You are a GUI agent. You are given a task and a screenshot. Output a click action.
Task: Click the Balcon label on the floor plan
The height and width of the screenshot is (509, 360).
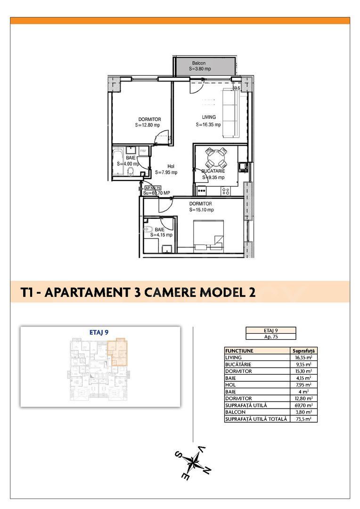click(x=199, y=63)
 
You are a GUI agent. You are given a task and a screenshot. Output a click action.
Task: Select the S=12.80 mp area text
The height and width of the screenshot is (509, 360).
click(x=147, y=125)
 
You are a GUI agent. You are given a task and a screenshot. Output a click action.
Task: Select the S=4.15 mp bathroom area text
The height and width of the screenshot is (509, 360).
click(x=161, y=235)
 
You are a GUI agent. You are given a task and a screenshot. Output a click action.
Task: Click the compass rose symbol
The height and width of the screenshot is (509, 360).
click(x=194, y=461)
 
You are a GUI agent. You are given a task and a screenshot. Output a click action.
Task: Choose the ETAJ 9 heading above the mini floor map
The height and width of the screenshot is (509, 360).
click(x=99, y=332)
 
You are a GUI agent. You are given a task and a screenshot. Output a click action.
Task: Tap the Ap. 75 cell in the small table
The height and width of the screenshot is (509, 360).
click(x=271, y=337)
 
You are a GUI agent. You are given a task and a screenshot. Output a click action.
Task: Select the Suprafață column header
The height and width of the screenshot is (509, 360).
click(x=304, y=351)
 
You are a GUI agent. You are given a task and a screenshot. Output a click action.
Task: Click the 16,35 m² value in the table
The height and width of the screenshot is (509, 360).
click(x=304, y=358)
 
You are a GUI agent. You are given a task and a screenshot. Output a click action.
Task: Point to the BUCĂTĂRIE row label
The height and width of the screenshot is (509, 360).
click(x=238, y=364)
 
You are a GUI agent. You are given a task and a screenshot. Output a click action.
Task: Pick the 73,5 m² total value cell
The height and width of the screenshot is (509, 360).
click(x=304, y=419)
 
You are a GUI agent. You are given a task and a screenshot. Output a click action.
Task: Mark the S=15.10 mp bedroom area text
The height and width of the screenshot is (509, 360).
click(x=201, y=210)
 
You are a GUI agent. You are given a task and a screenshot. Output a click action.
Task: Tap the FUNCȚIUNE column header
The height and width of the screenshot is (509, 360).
click(x=240, y=351)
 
